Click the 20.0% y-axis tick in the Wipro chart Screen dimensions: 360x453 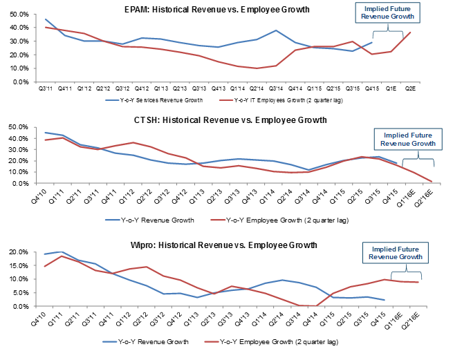pos(16,252)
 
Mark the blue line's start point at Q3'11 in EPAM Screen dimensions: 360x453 pos(46,19)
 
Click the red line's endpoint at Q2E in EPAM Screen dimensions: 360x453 pos(410,32)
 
